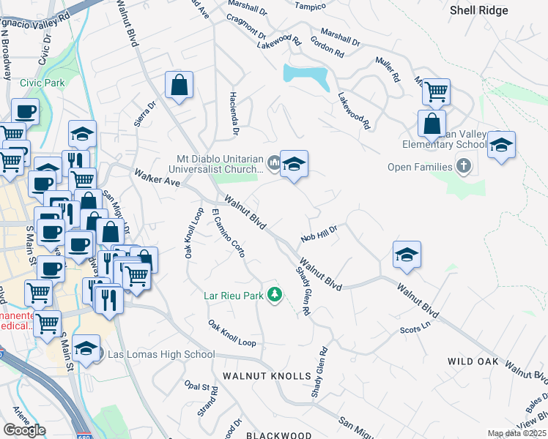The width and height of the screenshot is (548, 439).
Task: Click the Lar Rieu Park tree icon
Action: coord(275,295)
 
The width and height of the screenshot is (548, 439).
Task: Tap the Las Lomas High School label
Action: coord(161,355)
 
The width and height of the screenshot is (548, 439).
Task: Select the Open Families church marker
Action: coord(462,168)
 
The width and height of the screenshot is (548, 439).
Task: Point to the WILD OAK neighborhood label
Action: coord(473,362)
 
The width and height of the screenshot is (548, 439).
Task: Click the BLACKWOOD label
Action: coord(278,435)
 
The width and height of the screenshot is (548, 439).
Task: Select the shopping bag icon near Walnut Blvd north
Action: coord(179,86)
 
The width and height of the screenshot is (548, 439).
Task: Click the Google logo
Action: coord(24,430)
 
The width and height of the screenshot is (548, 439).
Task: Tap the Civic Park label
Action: coord(42,83)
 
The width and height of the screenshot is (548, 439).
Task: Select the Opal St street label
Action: coord(198,385)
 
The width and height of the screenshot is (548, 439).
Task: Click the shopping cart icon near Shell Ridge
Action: coord(436,92)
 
